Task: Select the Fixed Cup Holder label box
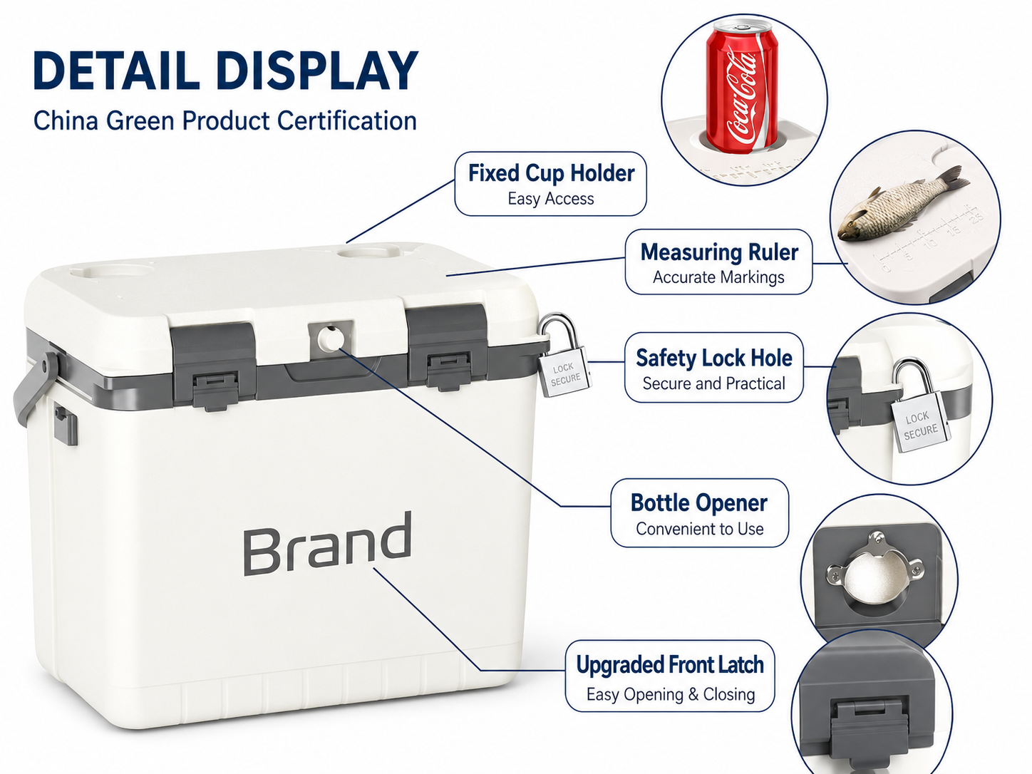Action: tap(550, 184)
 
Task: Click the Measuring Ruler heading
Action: tap(719, 252)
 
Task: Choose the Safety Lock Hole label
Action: tap(713, 368)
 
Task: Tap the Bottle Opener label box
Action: tap(699, 512)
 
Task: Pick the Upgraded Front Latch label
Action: tap(669, 676)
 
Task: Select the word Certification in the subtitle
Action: tap(346, 120)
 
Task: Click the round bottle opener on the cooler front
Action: tap(331, 338)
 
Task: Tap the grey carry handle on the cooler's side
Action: tap(36, 386)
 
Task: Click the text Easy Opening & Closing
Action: tap(671, 694)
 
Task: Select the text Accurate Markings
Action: tap(718, 277)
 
